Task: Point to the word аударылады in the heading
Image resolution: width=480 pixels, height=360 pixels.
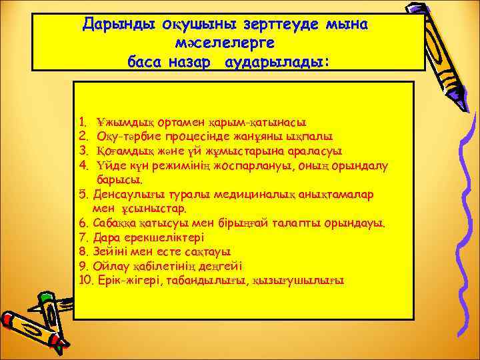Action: click(x=289, y=61)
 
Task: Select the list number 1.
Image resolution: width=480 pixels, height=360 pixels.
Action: click(x=81, y=123)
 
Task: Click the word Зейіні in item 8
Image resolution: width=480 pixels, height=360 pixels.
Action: click(x=106, y=252)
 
